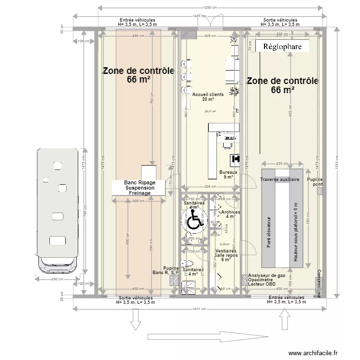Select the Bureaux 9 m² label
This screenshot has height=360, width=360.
pyautogui.click(x=228, y=174)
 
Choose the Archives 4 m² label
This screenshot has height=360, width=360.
pyautogui.click(x=230, y=214)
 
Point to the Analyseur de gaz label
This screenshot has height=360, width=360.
pyautogui.click(x=267, y=276)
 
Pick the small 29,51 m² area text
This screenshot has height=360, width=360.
pyautogui.click(x=210, y=111)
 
